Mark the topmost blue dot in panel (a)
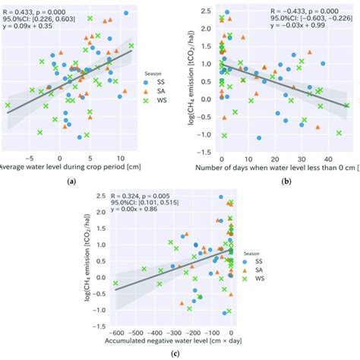125,14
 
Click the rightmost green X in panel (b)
347,106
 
